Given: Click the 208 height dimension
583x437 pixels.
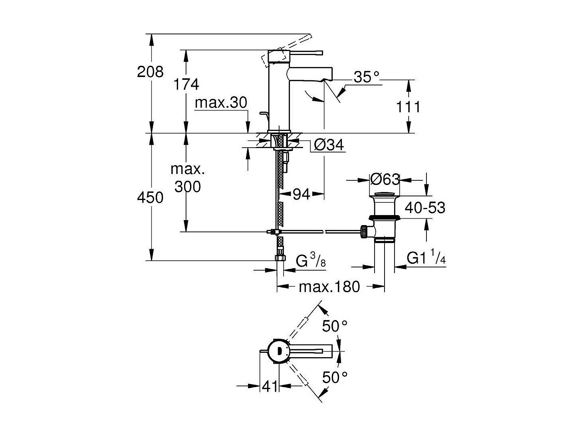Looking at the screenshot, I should point(150,72).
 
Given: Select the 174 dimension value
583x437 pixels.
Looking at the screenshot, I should point(186,85).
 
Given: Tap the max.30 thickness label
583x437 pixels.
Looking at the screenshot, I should point(221,103).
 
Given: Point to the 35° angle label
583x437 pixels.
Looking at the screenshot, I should point(366,77).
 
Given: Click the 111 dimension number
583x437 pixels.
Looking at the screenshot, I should point(408,107).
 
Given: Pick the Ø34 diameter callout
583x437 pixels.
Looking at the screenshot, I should point(329,145).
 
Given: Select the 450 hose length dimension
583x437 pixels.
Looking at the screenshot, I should point(150,197).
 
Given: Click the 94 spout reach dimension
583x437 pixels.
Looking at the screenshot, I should point(301,194).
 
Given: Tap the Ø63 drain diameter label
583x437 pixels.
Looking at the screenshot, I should point(385,180).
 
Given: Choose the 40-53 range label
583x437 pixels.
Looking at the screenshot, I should point(425,208).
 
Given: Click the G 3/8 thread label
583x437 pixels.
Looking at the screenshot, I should point(311,261).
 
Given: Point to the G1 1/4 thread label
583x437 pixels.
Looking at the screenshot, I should point(426,258).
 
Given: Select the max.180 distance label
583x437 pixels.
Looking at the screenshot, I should point(329,287).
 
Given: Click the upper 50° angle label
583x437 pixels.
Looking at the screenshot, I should point(335,326).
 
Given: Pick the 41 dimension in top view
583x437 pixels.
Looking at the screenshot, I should point(270,386).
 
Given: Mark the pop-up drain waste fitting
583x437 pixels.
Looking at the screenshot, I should point(384,218).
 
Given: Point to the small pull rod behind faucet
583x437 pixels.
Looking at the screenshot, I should point(262,115).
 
